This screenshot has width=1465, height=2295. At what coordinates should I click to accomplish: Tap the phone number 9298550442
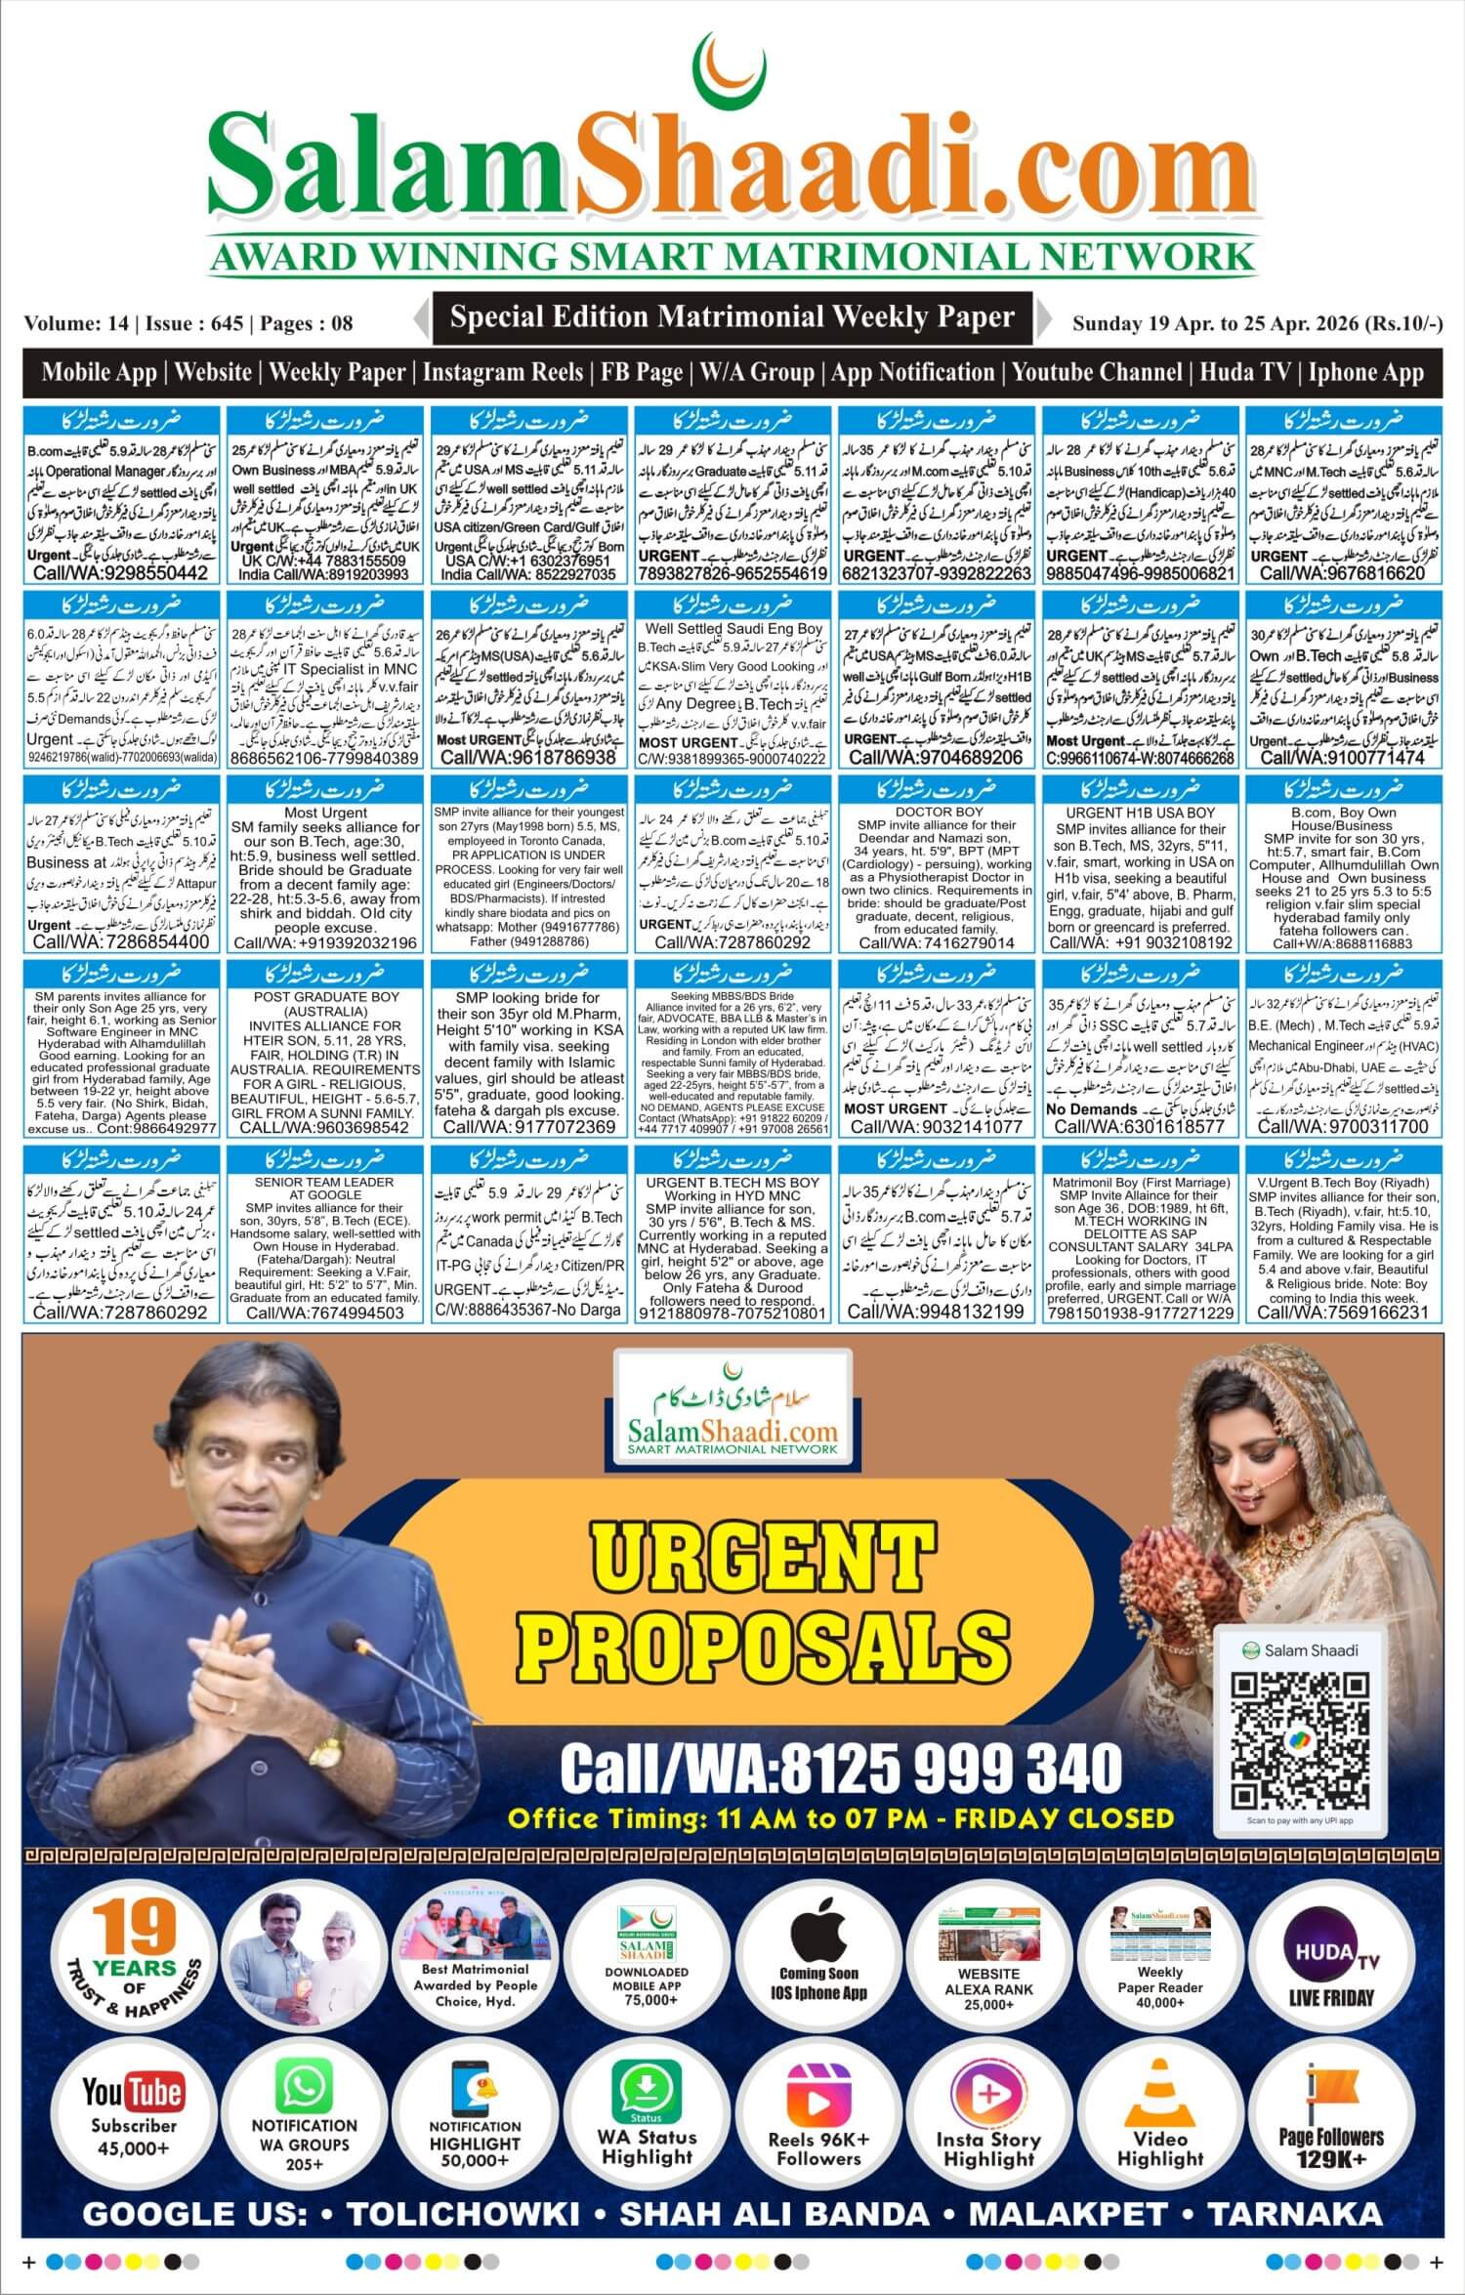point(121,573)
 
